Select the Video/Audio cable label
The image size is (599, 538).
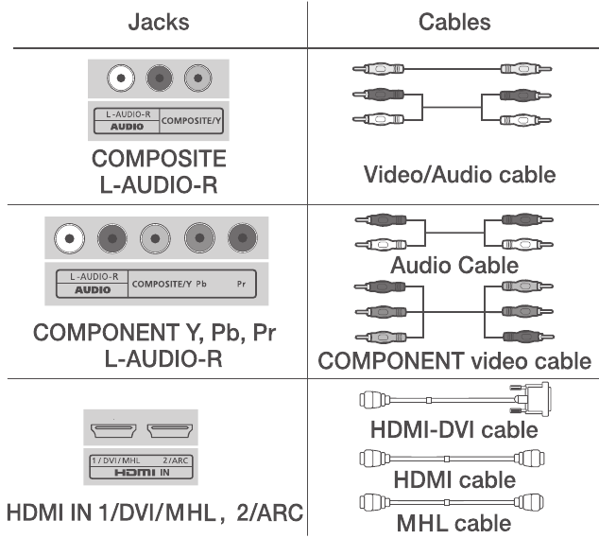coord(460,174)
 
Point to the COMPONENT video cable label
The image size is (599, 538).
coord(454,361)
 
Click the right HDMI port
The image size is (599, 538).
coord(172,433)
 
